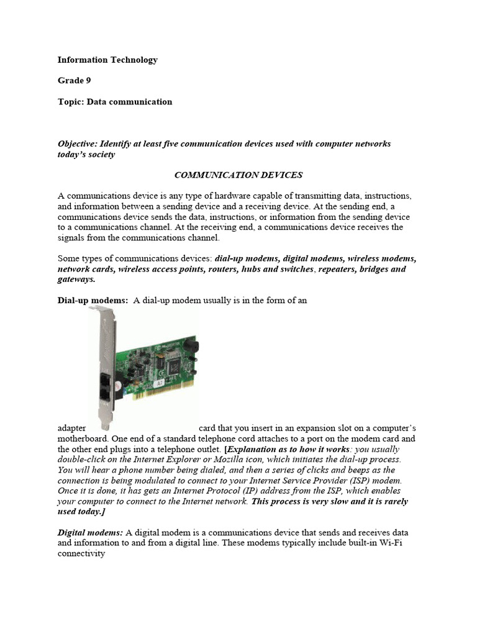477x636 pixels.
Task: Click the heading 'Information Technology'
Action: (107, 60)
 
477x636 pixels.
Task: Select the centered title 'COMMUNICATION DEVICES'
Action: (238, 175)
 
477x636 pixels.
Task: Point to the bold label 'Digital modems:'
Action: (91, 533)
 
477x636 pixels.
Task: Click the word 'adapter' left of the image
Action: (71, 429)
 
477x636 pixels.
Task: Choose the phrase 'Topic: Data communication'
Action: (115, 102)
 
